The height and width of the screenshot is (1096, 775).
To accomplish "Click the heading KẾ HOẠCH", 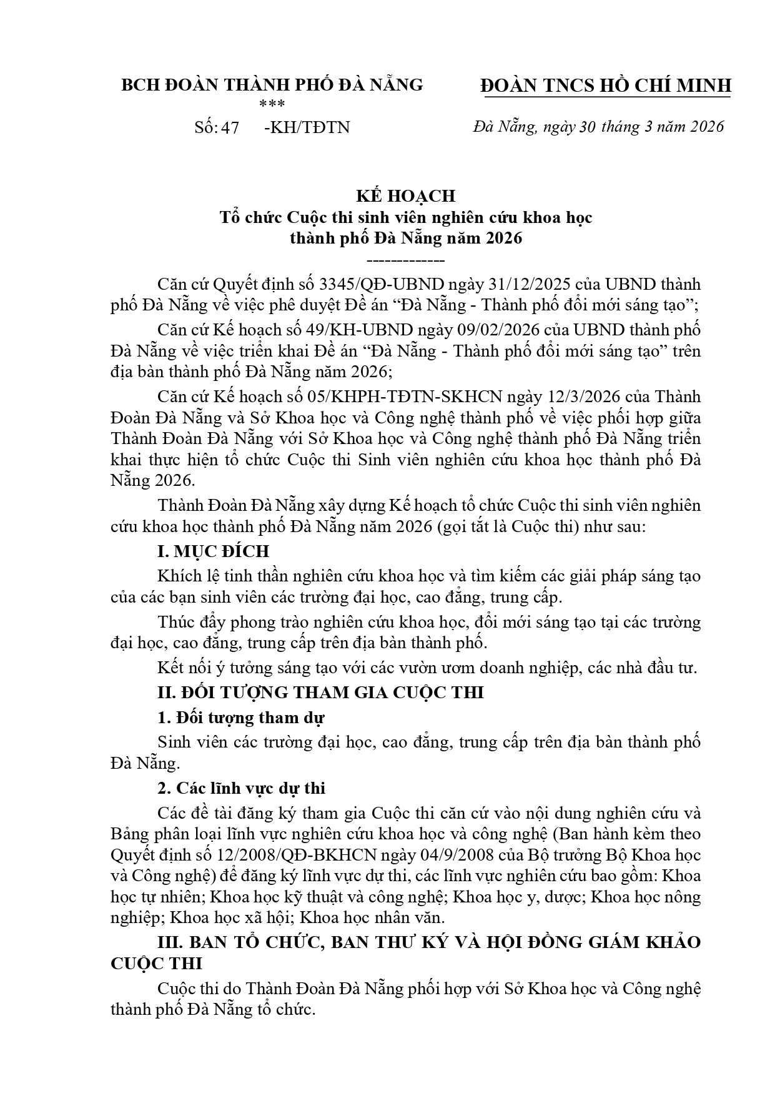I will pos(405,196).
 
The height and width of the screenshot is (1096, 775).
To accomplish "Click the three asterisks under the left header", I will pos(272,104).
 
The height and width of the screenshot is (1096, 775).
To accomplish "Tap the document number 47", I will pos(229,127).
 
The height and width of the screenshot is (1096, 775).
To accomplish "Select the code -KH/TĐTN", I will pos(307,127).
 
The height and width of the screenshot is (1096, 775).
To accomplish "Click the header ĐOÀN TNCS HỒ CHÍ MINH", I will pos(606,86).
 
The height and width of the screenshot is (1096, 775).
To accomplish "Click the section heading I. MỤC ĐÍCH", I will pos(213,551).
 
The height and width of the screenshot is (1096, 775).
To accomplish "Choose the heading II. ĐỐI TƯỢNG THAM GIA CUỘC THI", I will pos(320,693).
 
